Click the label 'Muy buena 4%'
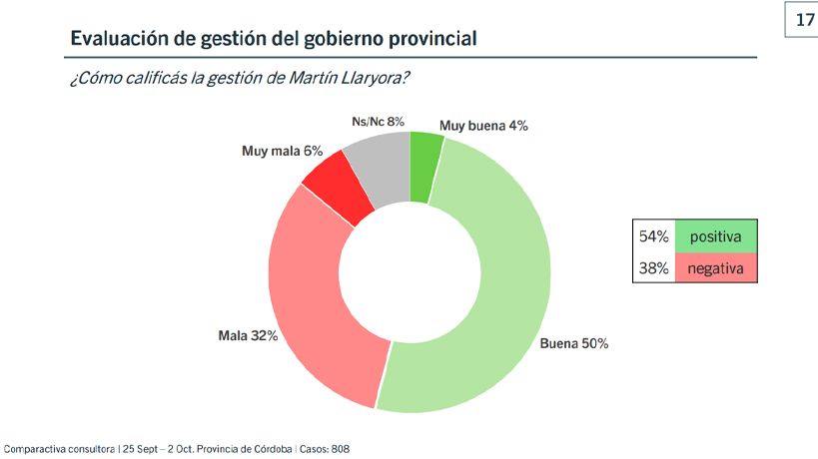tap(484, 126)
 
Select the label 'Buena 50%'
tap(574, 344)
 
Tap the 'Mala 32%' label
tap(248, 334)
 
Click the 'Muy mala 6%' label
tap(283, 151)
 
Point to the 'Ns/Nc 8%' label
tap(379, 122)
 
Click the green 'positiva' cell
tap(715, 236)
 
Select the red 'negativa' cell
tap(715, 267)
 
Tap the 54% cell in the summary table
tap(653, 236)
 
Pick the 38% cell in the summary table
tap(653, 267)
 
